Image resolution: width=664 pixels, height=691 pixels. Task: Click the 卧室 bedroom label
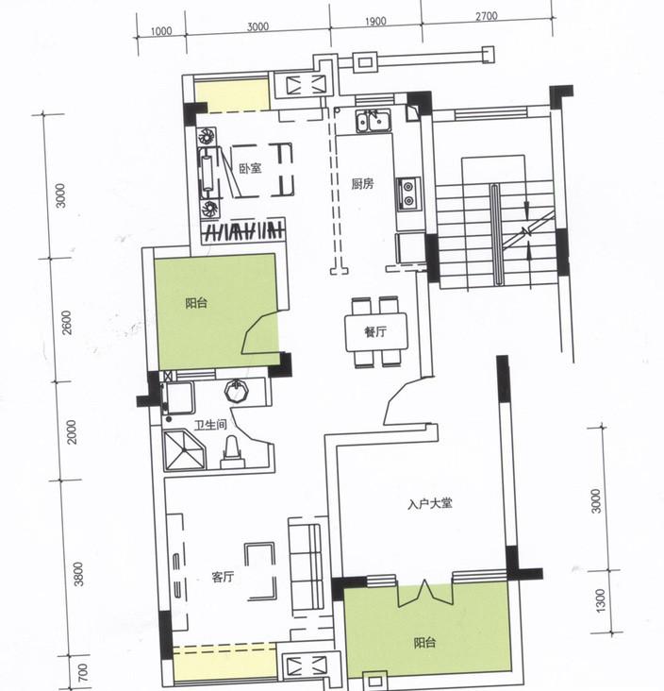(250, 168)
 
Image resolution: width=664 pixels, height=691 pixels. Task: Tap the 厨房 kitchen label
(362, 184)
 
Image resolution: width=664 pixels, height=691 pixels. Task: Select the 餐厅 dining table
(376, 332)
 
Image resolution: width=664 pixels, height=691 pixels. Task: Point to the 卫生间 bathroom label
(210, 425)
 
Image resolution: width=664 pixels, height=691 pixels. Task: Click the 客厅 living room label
(223, 577)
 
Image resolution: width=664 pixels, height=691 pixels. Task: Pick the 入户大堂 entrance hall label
(430, 503)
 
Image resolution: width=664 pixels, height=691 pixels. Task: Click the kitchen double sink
(373, 121)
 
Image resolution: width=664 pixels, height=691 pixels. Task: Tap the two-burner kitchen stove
(408, 194)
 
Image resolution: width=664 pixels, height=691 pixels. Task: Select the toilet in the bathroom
(232, 453)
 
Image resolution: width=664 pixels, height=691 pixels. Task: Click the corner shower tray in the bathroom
(185, 450)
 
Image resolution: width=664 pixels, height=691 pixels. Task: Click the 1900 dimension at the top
(375, 21)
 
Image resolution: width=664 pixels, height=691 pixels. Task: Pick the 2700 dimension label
(487, 16)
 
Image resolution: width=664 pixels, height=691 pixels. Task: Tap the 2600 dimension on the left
(66, 323)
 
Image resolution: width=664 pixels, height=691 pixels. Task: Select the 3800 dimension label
(78, 574)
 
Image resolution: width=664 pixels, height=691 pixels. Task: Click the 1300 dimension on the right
(600, 600)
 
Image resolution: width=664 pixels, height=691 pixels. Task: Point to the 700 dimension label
(83, 672)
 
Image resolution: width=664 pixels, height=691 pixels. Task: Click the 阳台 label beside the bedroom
(196, 303)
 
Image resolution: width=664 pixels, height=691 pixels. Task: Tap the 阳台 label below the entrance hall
(425, 643)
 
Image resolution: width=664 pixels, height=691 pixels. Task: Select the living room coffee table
(260, 571)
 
